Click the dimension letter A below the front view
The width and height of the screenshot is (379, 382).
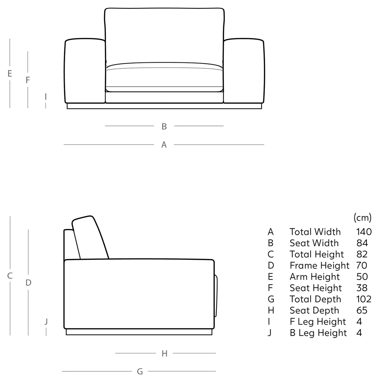164,145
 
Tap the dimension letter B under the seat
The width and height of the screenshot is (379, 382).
164,126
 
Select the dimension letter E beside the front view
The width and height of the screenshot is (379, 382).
10,74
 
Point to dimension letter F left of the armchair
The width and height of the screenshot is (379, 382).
28,80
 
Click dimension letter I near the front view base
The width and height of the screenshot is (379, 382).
46,97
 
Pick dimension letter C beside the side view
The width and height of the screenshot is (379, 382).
10,276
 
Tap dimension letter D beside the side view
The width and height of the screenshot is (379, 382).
28,283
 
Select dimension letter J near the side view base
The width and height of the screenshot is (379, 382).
46,321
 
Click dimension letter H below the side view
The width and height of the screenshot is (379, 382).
164,354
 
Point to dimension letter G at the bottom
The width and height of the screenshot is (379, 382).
140,371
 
